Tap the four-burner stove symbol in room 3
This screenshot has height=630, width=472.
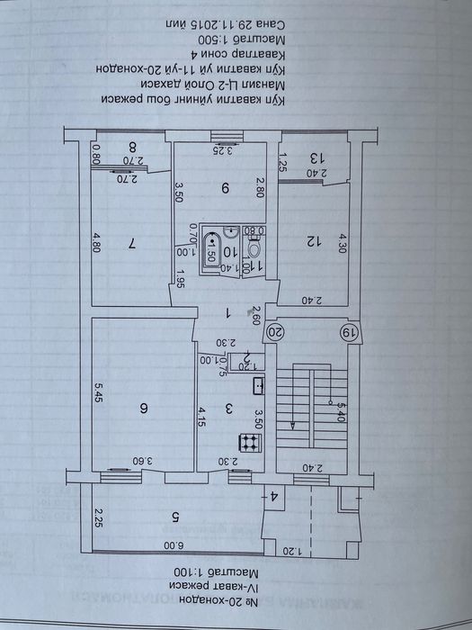pos(247,442)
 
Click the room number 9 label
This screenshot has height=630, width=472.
pos(226,188)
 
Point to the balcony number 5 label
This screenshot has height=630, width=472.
pos(174,517)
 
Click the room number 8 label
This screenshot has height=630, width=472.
pos(132,148)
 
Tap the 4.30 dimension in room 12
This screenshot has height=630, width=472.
pos(342,243)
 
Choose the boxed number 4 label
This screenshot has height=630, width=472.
pos(275,495)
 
